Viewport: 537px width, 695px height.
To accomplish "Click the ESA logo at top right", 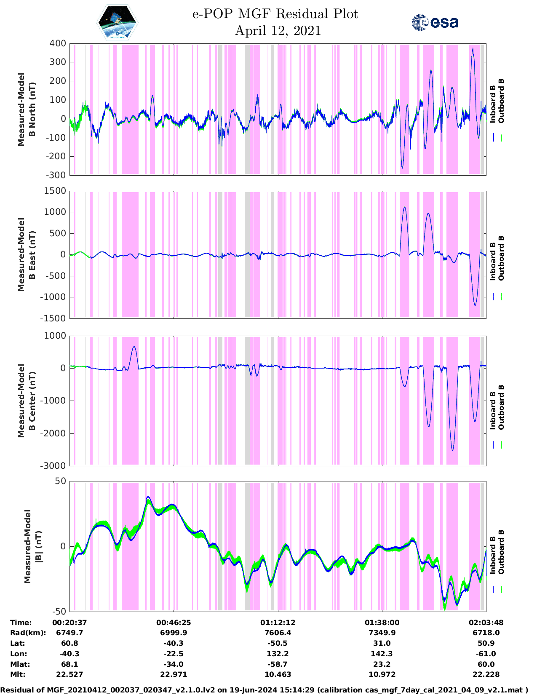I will point(435,22).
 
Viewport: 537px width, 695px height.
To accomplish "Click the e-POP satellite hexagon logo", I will point(117,22).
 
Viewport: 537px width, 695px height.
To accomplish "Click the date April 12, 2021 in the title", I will point(278,31).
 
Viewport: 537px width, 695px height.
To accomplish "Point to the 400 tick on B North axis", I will point(58,43).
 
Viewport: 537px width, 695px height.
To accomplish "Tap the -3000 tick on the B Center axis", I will point(54,466).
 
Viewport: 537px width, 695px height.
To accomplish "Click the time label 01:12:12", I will point(278,623).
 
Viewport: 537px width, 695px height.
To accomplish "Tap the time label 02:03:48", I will point(486,623).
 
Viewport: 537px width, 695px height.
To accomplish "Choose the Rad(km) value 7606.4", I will point(278,633).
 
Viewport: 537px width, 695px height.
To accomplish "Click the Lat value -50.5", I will point(278,643).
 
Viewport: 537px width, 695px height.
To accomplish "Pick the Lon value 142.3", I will point(382,654).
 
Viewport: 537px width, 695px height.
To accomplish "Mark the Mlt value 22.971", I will point(174,674).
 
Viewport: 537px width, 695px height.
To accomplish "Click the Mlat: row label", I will point(20,664).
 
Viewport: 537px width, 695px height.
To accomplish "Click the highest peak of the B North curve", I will point(473,48).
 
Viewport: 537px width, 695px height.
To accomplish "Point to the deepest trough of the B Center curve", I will point(453,450).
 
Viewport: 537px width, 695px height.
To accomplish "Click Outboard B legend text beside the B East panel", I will point(501,258).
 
